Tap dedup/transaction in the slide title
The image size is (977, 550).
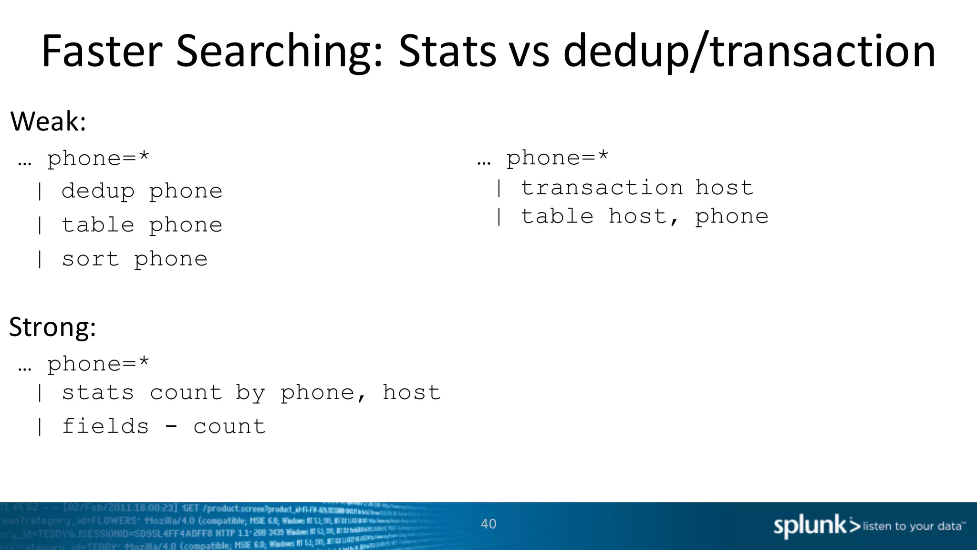[x=749, y=52]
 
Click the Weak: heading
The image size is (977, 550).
[x=48, y=121]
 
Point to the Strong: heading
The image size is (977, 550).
[x=52, y=327]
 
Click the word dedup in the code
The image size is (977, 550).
[x=98, y=191]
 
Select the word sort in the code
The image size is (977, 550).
[x=90, y=259]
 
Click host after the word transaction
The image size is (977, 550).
[x=724, y=188]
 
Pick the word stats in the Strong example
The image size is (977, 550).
[x=98, y=393]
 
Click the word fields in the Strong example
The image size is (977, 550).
[x=105, y=426]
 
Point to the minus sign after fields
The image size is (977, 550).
[x=171, y=426]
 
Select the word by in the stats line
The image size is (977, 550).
[x=250, y=393]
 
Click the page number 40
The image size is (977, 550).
[x=488, y=524]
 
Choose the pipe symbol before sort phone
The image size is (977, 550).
[x=40, y=259]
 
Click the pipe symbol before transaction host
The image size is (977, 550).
[x=499, y=188]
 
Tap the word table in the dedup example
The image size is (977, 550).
[x=98, y=225]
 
